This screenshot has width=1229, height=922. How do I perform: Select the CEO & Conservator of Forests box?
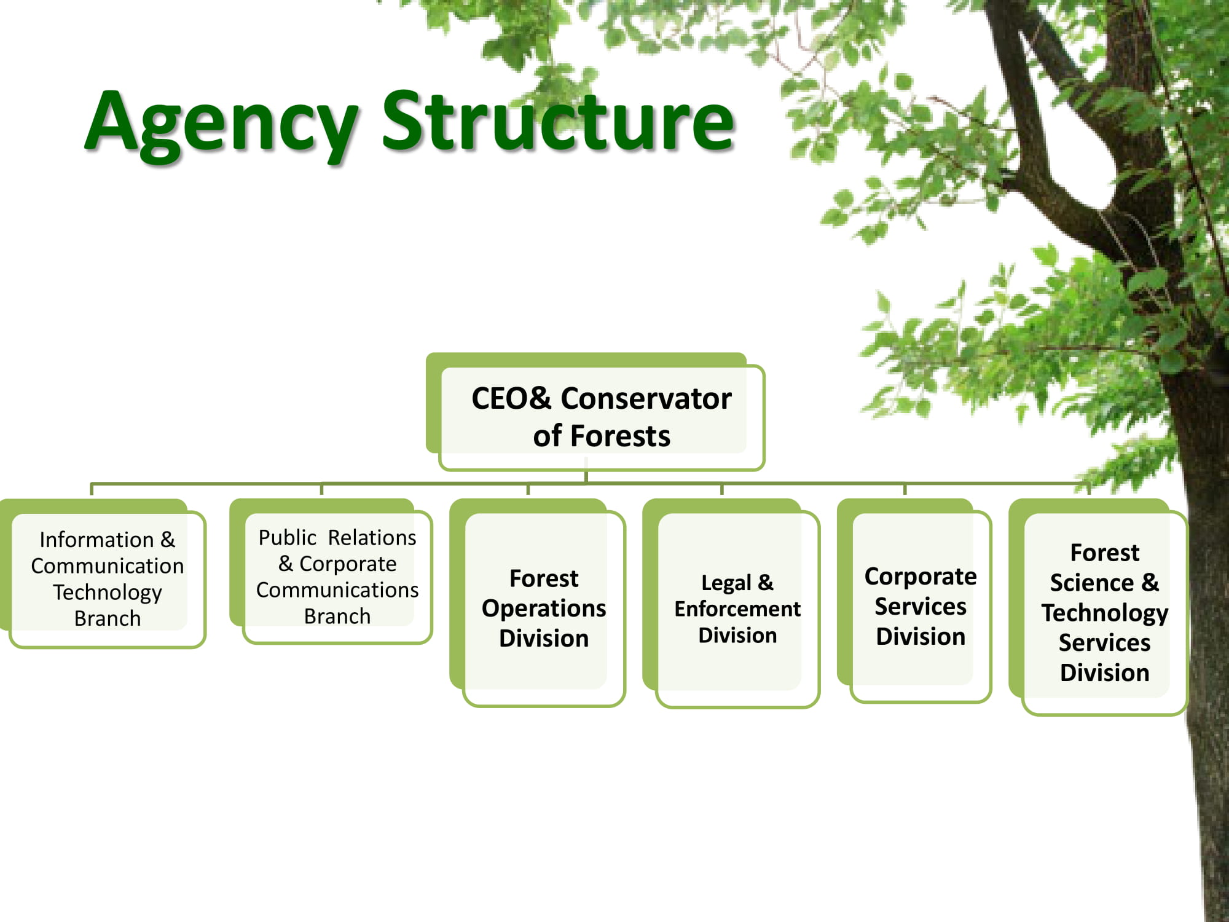click(x=595, y=411)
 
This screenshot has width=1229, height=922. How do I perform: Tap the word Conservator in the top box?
click(x=646, y=398)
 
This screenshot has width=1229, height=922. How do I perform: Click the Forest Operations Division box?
click(x=537, y=602)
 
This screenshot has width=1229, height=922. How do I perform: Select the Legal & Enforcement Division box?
click(x=731, y=603)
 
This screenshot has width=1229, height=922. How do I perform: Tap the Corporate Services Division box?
click(x=914, y=601)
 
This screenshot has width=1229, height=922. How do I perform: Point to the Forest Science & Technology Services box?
click(x=1098, y=607)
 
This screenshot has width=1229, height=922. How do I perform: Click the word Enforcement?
click(x=737, y=609)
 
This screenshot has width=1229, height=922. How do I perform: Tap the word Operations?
click(x=544, y=609)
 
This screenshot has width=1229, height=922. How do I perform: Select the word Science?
click(x=1091, y=583)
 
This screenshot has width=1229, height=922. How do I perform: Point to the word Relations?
click(x=372, y=538)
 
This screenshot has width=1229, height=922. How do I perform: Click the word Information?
click(x=96, y=540)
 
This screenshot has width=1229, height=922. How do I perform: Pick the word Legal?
click(x=726, y=583)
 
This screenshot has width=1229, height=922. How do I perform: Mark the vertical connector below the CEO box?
click(x=586, y=477)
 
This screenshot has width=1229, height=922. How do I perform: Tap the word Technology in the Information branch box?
click(x=108, y=593)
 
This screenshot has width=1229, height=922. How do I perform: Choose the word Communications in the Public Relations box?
click(x=337, y=590)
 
